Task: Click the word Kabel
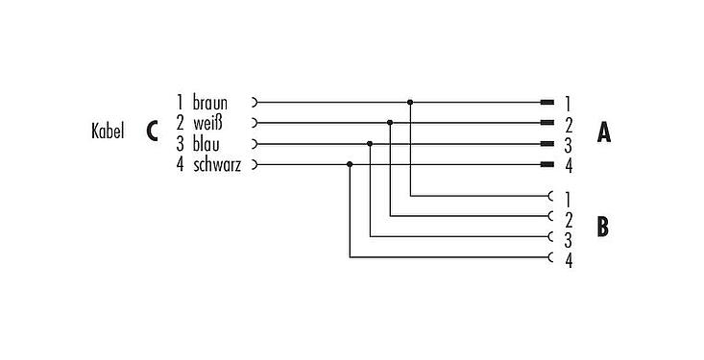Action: (x=106, y=132)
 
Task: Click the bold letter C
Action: (x=152, y=132)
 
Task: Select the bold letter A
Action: (x=603, y=132)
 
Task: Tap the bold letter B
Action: (x=603, y=227)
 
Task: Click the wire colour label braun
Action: (x=210, y=102)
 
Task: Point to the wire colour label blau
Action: (x=205, y=144)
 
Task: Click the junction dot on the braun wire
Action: (x=410, y=101)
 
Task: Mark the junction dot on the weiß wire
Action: (x=390, y=122)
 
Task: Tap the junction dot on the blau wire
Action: (x=370, y=143)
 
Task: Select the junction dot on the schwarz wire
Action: (x=350, y=164)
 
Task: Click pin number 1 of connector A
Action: (x=569, y=103)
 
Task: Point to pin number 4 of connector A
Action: (x=569, y=166)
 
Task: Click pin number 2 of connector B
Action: (x=569, y=219)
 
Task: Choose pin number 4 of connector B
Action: (x=569, y=260)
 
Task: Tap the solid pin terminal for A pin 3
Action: (x=547, y=143)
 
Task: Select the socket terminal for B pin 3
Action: (x=549, y=236)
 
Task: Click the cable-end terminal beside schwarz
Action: (x=254, y=164)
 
